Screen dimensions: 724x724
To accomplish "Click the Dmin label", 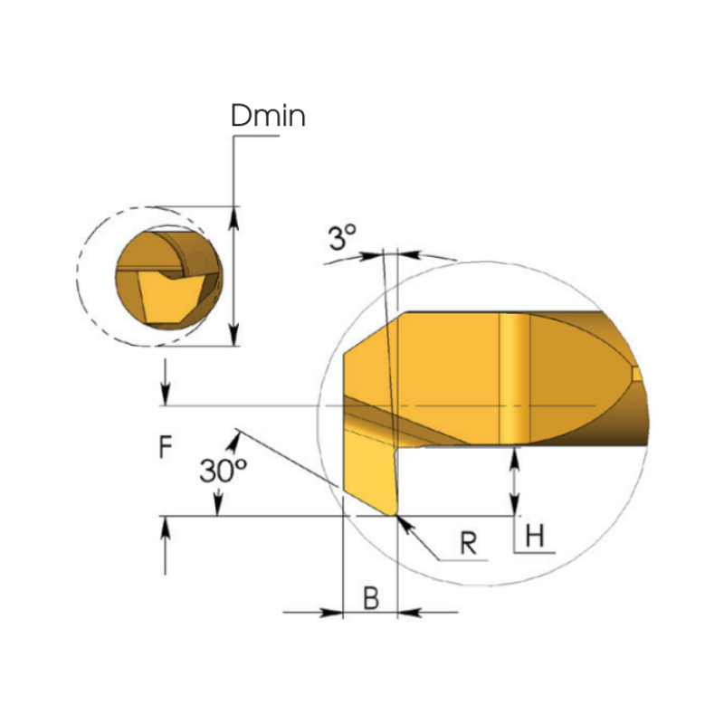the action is (268, 116).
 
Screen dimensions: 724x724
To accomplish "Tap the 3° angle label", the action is (342, 237).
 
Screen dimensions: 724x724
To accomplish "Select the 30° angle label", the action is (223, 471).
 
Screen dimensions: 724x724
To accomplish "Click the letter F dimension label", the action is (166, 447).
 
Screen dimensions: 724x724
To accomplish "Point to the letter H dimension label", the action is (535, 536).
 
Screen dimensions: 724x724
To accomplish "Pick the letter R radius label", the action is (468, 543).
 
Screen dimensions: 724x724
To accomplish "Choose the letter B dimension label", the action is (371, 598).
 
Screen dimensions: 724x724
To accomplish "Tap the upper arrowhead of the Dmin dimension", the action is (234, 217).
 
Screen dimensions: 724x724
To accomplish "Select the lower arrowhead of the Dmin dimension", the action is (234, 334).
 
